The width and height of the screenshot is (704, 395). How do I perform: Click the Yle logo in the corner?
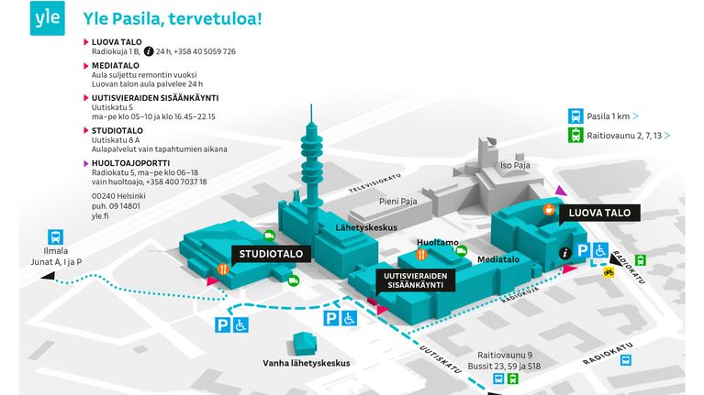(x=47, y=18)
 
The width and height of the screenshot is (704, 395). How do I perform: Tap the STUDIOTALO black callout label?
(x=271, y=254)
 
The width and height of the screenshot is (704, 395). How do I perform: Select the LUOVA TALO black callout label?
(x=599, y=213)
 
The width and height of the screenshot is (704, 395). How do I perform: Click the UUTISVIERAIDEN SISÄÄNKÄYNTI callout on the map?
(x=415, y=280)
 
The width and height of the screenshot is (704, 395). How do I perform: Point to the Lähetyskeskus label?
(x=366, y=228)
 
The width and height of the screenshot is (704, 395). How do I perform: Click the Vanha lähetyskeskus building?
(x=305, y=344)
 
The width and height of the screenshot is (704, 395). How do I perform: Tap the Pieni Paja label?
(x=397, y=202)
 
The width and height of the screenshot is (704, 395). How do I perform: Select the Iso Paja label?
(x=515, y=166)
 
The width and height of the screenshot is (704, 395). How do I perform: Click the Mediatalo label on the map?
(x=498, y=259)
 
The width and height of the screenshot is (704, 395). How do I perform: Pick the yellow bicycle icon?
(x=609, y=272)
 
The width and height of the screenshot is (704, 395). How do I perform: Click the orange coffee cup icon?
(x=549, y=209)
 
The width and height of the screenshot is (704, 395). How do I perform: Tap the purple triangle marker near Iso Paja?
(x=560, y=191)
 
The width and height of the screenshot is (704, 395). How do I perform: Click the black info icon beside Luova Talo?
(x=564, y=253)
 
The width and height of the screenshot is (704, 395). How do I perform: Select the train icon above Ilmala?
(x=56, y=237)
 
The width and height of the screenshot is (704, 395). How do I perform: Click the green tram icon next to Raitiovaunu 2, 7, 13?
(x=575, y=135)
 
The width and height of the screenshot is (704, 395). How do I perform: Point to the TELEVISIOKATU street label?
(x=374, y=184)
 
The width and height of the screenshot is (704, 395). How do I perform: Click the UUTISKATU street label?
(x=441, y=359)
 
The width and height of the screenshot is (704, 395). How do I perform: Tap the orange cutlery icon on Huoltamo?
(x=421, y=255)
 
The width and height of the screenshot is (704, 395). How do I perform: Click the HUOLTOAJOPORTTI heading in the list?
(x=130, y=163)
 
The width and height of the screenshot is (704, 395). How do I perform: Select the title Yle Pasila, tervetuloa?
(x=173, y=19)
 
